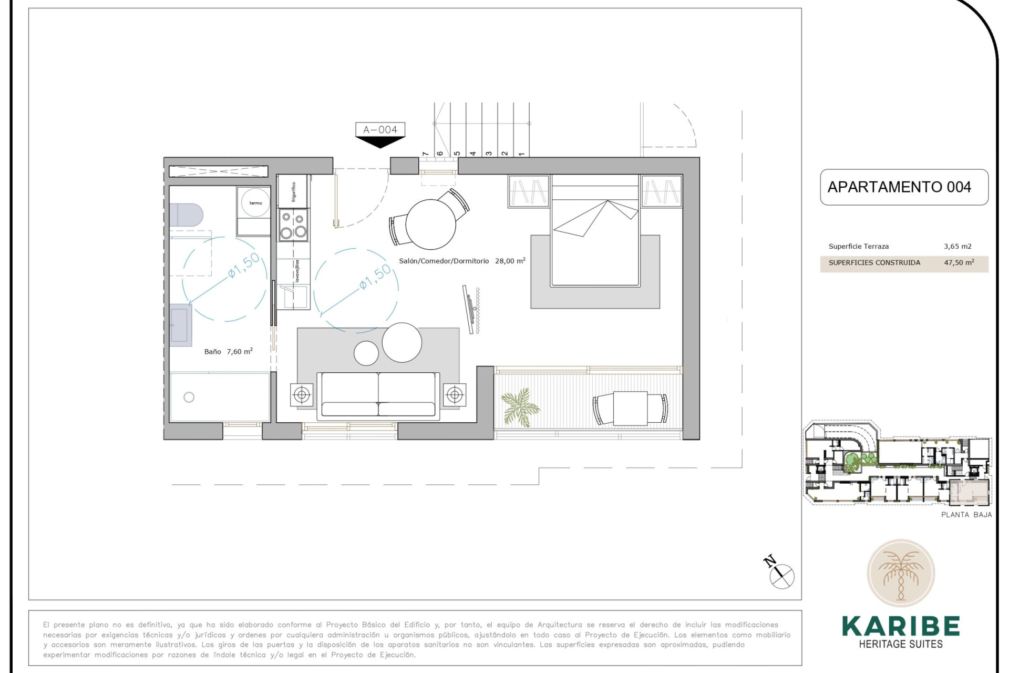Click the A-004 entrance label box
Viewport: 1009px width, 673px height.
pyautogui.click(x=380, y=129)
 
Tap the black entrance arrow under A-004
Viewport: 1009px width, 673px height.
pyautogui.click(x=380, y=141)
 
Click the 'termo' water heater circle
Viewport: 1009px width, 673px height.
pyautogui.click(x=255, y=202)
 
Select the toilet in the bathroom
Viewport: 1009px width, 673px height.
pyautogui.click(x=186, y=215)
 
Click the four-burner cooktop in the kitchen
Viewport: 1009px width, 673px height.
pyautogui.click(x=293, y=225)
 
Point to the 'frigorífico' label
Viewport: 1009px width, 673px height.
pyautogui.click(x=294, y=192)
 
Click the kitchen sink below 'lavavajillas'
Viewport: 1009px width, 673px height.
pyautogui.click(x=293, y=297)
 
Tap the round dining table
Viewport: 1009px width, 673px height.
pyautogui.click(x=430, y=224)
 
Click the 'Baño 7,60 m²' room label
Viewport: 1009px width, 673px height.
pyautogui.click(x=228, y=351)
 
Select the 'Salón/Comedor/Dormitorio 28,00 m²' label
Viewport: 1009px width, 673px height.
pyautogui.click(x=461, y=261)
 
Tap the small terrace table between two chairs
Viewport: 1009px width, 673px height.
pyautogui.click(x=630, y=409)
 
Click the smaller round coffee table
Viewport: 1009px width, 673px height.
pyautogui.click(x=366, y=353)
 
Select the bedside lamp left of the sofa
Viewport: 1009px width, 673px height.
pyautogui.click(x=302, y=394)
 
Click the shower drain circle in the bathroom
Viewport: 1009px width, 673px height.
pyautogui.click(x=189, y=397)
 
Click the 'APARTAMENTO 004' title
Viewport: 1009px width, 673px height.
pyautogui.click(x=899, y=187)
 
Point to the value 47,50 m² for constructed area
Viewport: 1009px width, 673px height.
pyautogui.click(x=959, y=262)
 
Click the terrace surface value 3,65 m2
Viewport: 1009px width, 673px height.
pyautogui.click(x=957, y=246)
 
